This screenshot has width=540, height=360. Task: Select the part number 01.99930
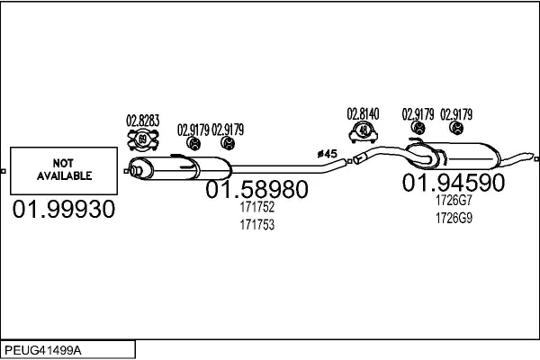click(64, 209)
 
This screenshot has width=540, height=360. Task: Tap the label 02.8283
click(142, 121)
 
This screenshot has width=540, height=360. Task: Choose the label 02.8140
click(363, 114)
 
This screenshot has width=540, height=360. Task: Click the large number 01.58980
click(256, 189)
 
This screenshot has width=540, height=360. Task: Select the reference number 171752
click(257, 207)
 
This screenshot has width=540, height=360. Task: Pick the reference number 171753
click(257, 225)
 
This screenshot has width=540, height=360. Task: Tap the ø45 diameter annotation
click(328, 154)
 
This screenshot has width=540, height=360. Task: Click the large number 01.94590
click(454, 183)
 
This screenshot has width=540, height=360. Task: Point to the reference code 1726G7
click(454, 200)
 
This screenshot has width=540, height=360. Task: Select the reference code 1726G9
click(454, 218)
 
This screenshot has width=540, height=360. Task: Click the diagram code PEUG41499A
click(43, 351)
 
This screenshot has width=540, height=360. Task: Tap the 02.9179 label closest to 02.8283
click(193, 130)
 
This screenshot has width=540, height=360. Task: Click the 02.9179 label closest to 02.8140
click(418, 114)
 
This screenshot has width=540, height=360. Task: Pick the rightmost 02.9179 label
click(456, 114)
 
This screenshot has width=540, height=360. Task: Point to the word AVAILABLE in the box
click(65, 176)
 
